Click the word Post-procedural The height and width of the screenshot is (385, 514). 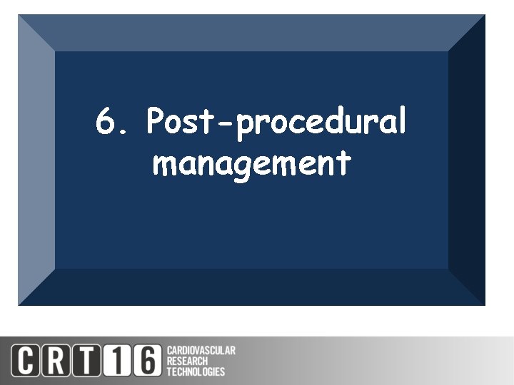pyautogui.click(x=276, y=123)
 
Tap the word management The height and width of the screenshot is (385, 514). pyautogui.click(x=251, y=165)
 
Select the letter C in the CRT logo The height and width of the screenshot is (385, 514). pyautogui.click(x=24, y=360)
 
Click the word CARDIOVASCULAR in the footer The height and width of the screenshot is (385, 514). pyautogui.click(x=201, y=351)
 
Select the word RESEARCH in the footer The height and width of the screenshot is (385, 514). pyautogui.click(x=187, y=361)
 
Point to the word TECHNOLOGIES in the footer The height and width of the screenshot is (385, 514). pyautogui.click(x=195, y=371)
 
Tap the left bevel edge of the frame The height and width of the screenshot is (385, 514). pyautogui.click(x=36, y=160)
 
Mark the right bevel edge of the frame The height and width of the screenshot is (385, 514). pyautogui.click(x=467, y=160)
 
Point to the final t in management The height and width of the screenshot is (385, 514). pyautogui.click(x=345, y=163)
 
